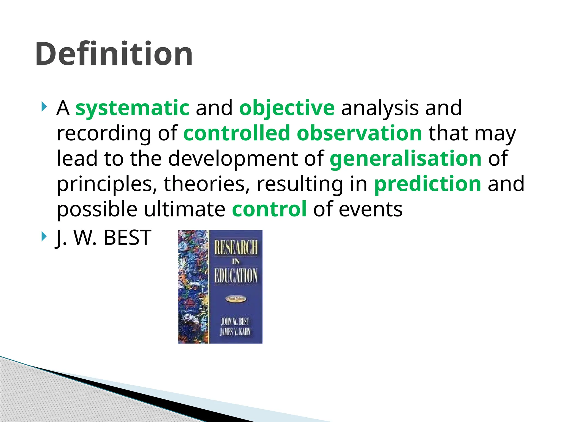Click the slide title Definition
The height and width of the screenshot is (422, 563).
tap(114, 54)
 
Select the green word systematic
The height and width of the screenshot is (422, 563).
tap(132, 108)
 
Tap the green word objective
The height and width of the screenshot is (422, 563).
tap(287, 108)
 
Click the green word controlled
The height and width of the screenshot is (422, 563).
tap(237, 133)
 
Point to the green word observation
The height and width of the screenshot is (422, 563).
tap(359, 133)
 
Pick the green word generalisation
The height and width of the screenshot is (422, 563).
tap(405, 159)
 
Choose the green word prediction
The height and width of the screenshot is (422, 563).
tap(428, 184)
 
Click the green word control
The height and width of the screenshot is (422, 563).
tap(269, 209)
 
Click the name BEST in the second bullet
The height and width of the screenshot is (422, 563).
tap(127, 238)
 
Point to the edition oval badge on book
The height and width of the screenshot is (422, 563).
tap(236, 299)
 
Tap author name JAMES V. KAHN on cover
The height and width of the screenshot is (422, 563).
tap(235, 332)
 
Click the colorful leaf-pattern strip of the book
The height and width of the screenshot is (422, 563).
tap(193, 287)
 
